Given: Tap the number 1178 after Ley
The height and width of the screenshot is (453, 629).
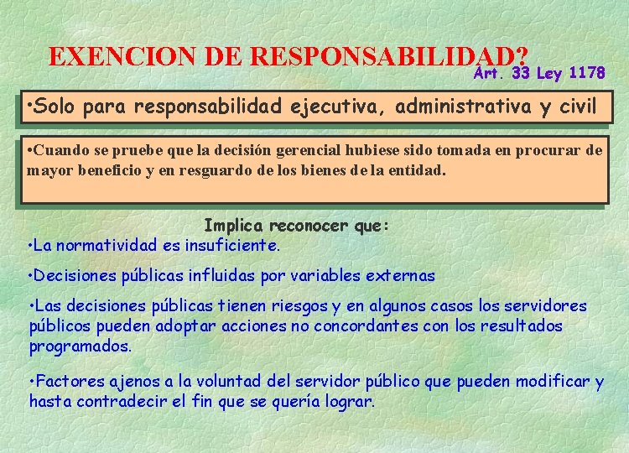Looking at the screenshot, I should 586,74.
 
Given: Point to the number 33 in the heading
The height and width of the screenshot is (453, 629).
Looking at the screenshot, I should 521,74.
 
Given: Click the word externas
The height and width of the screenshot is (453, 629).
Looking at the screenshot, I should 403,275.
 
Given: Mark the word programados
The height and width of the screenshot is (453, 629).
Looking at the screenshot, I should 81,346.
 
